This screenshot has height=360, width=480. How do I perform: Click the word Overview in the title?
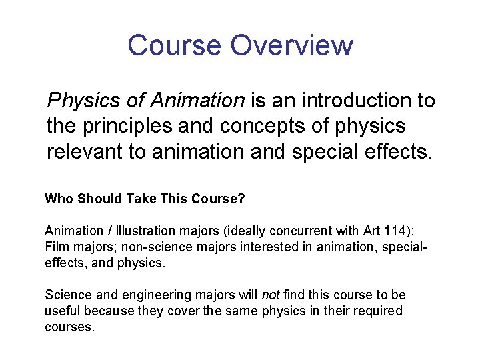tap(291, 45)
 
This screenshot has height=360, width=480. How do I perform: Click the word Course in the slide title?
tap(173, 45)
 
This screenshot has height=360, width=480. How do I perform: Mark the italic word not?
tap(270, 295)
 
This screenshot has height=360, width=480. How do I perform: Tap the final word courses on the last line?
tap(69, 327)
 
